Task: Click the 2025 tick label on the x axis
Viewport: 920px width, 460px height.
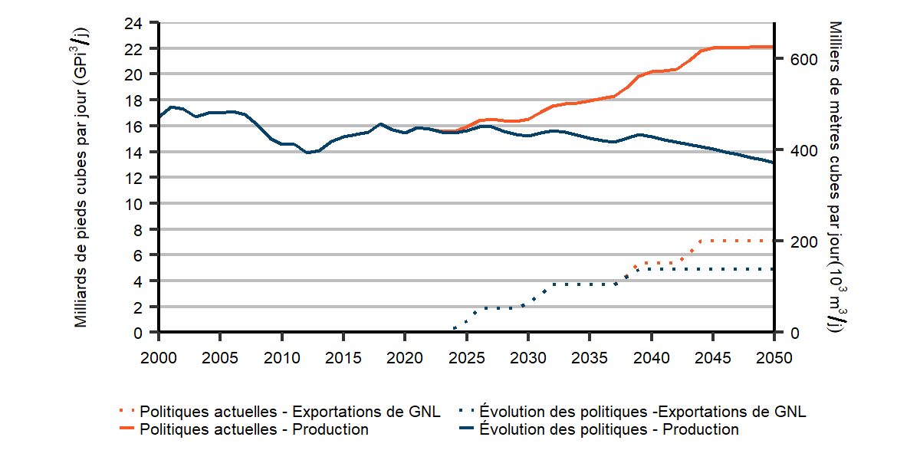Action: [466, 357]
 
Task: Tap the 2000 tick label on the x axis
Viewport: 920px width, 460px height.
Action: [159, 357]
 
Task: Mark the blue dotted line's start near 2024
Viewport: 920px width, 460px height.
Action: [455, 328]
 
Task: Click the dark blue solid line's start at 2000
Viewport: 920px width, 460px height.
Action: [159, 117]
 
